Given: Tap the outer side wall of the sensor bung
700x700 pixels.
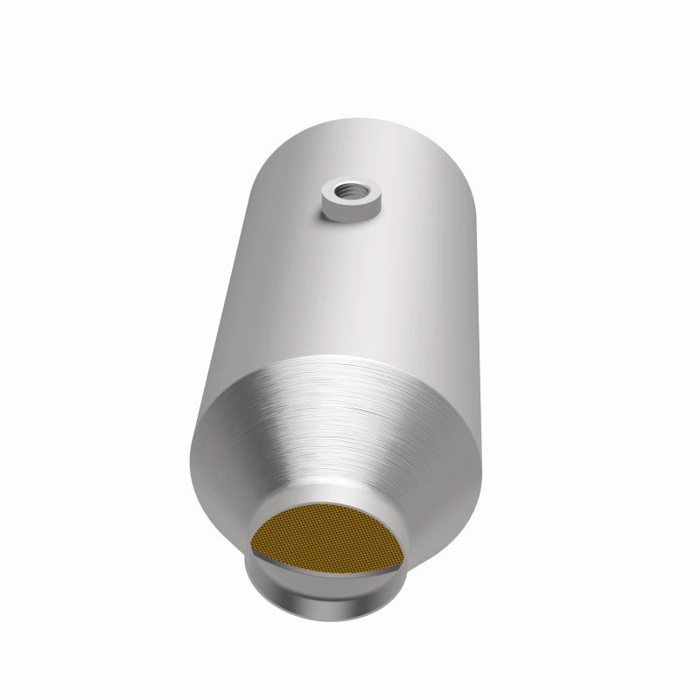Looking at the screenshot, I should [349, 213].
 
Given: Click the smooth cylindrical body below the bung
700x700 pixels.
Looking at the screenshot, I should [350, 289].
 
